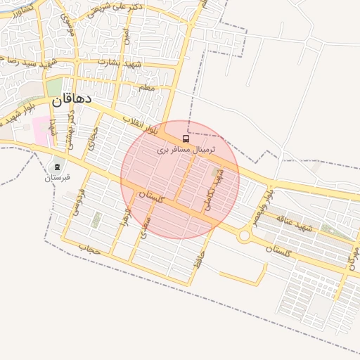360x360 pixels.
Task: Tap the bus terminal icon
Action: click(x=186, y=139)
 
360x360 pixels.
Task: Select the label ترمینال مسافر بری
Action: click(x=186, y=150)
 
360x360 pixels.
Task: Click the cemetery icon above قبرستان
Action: click(x=56, y=166)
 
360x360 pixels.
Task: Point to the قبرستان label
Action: click(x=58, y=177)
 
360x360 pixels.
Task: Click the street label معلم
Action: click(x=146, y=88)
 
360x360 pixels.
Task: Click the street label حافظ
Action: click(x=202, y=257)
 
